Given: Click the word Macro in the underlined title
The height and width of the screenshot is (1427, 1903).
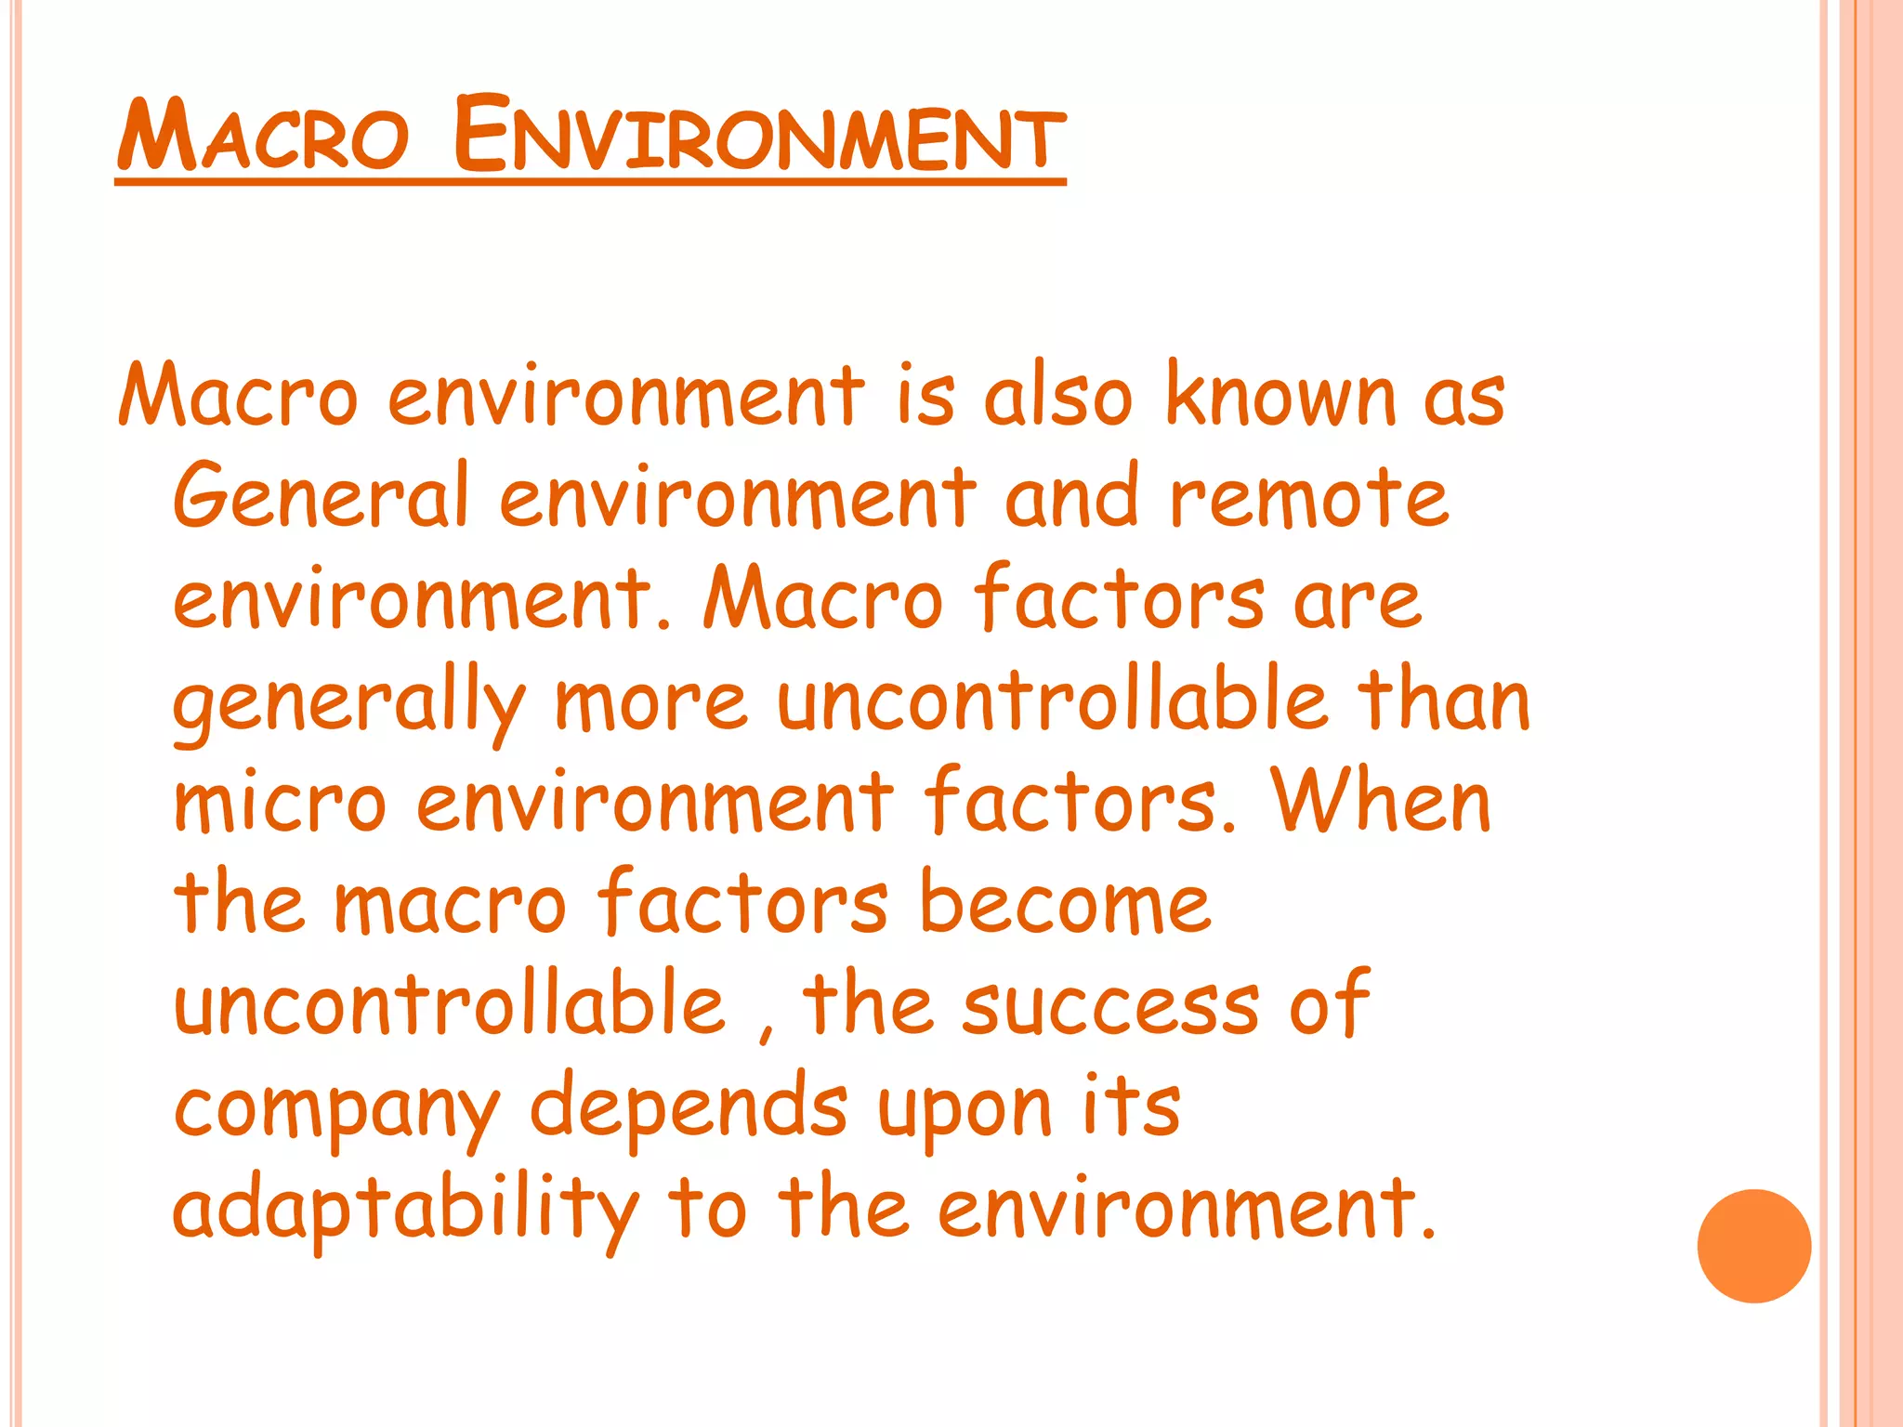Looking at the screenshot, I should point(263,137).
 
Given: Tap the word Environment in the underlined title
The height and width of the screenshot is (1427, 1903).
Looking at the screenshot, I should point(759,136).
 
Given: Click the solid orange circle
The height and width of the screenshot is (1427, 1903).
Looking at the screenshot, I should point(1753,1246).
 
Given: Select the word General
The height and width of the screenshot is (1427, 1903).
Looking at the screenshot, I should point(320,496).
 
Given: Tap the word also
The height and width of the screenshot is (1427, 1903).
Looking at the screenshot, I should point(1058,396).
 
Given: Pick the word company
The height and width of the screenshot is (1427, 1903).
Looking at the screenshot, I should point(336,1110).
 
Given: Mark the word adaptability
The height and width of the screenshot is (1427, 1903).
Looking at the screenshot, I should point(406,1211).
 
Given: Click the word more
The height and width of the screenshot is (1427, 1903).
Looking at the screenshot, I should point(650,701).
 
